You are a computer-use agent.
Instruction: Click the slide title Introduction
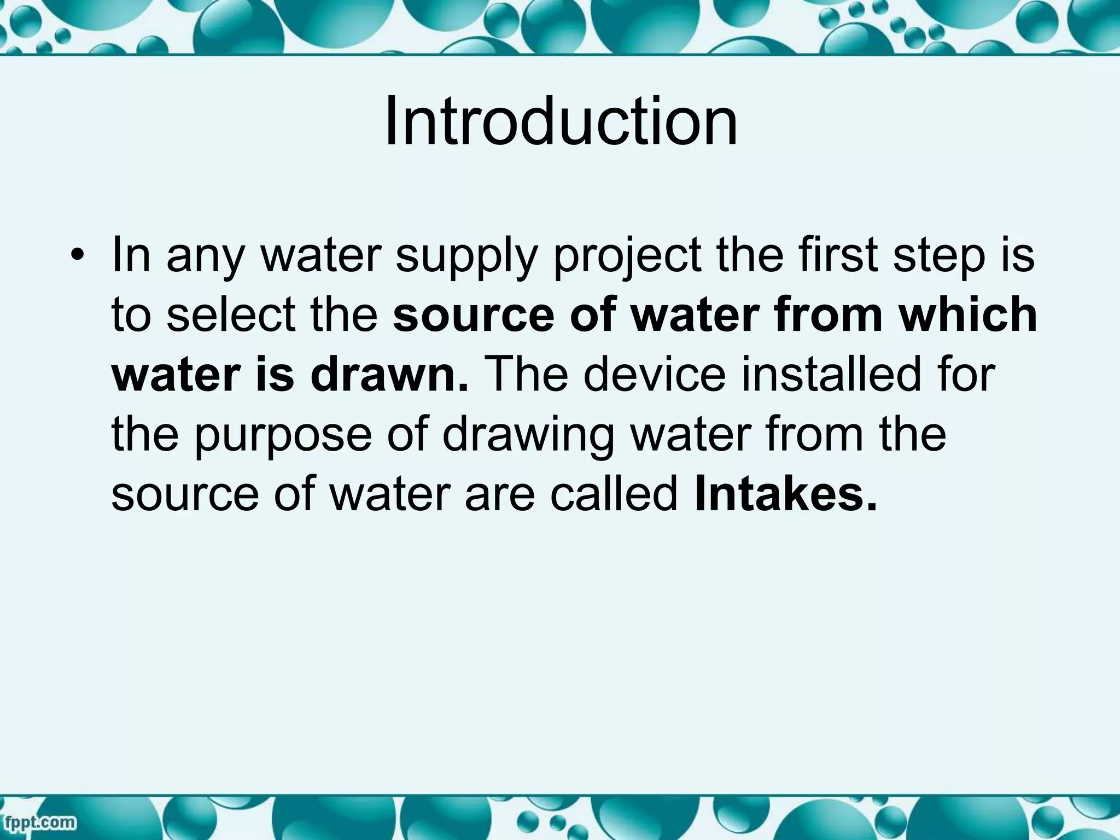click(561, 121)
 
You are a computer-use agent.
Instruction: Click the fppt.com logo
click(39, 821)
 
